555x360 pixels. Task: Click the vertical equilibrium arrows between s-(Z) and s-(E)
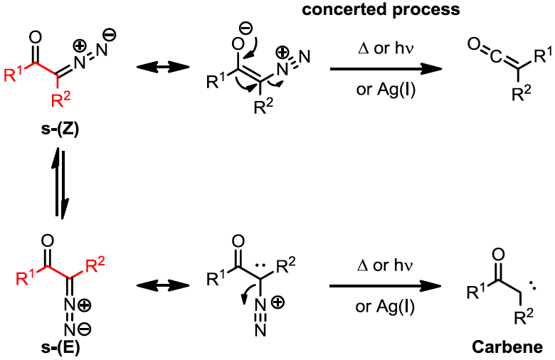click(60, 183)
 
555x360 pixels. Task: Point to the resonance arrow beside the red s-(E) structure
click(156, 285)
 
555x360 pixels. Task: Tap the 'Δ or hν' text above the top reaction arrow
click(385, 50)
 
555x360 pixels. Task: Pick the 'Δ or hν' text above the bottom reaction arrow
click(385, 266)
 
